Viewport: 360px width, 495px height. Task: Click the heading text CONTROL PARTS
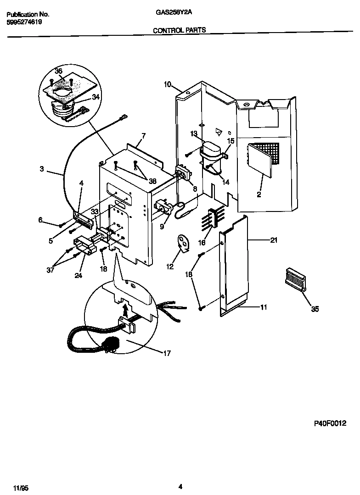click(179, 30)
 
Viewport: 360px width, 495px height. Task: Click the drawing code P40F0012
click(330, 423)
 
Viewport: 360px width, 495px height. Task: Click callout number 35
click(315, 310)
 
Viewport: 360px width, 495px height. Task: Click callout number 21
click(274, 240)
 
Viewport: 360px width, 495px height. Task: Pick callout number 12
click(170, 266)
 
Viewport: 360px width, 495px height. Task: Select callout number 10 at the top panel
click(167, 84)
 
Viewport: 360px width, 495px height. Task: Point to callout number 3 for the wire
click(42, 169)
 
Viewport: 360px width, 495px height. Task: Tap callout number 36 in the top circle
click(58, 71)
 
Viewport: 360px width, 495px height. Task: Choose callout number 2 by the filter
click(259, 195)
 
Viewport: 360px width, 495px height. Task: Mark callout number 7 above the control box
click(143, 136)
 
